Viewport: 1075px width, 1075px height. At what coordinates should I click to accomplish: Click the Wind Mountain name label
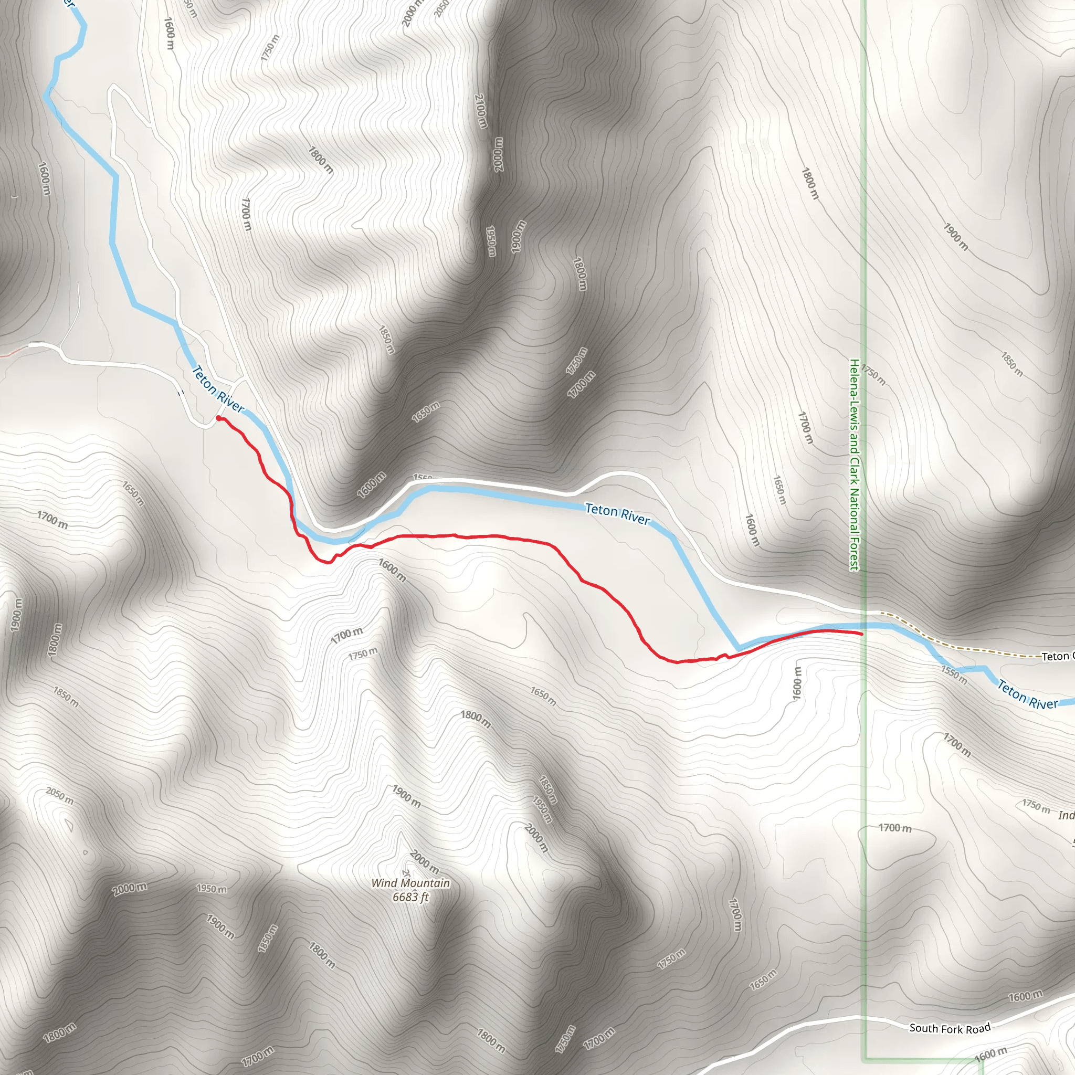pyautogui.click(x=410, y=883)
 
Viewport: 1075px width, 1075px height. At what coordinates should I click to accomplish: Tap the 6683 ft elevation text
pyautogui.click(x=410, y=897)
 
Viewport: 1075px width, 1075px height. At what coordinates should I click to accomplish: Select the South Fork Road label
pyautogui.click(x=950, y=1028)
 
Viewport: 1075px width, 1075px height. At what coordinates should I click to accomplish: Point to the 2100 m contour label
pyautogui.click(x=481, y=111)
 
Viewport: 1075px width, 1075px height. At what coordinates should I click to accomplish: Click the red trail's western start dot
pyautogui.click(x=218, y=418)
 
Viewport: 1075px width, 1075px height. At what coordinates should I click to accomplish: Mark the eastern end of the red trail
pyautogui.click(x=861, y=634)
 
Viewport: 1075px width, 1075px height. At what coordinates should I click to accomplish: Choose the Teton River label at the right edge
pyautogui.click(x=1027, y=695)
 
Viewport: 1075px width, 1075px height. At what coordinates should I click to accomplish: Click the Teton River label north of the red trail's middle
pyautogui.click(x=617, y=513)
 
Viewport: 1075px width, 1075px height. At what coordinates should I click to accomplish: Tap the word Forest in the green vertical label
pyautogui.click(x=854, y=553)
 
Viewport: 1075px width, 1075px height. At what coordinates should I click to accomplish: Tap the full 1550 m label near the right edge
pyautogui.click(x=954, y=674)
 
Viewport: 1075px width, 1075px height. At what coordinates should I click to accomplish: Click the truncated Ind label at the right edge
pyautogui.click(x=1066, y=816)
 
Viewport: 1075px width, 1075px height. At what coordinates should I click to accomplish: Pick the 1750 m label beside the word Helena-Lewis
pyautogui.click(x=873, y=374)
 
